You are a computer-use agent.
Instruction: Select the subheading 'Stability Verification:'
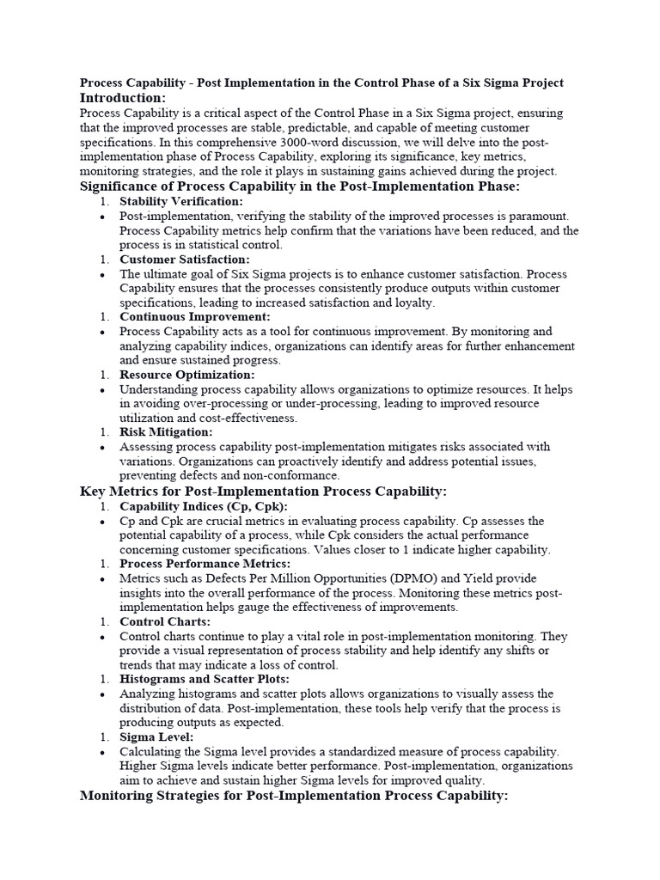click(181, 201)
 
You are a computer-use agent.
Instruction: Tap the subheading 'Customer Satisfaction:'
click(185, 259)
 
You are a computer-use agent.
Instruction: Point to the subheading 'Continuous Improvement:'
click(194, 316)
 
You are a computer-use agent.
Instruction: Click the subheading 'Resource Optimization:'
click(186, 375)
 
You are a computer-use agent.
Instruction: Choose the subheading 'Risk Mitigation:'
click(166, 432)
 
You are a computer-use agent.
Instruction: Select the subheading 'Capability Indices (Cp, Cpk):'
click(203, 506)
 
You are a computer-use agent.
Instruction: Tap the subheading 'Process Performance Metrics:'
click(205, 564)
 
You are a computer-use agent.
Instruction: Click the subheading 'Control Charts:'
click(165, 621)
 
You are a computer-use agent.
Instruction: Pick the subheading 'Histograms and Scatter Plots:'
click(205, 679)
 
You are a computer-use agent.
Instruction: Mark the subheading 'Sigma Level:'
click(156, 736)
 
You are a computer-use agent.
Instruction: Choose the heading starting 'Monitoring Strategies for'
click(294, 796)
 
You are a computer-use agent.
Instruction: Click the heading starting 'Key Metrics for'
click(263, 491)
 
